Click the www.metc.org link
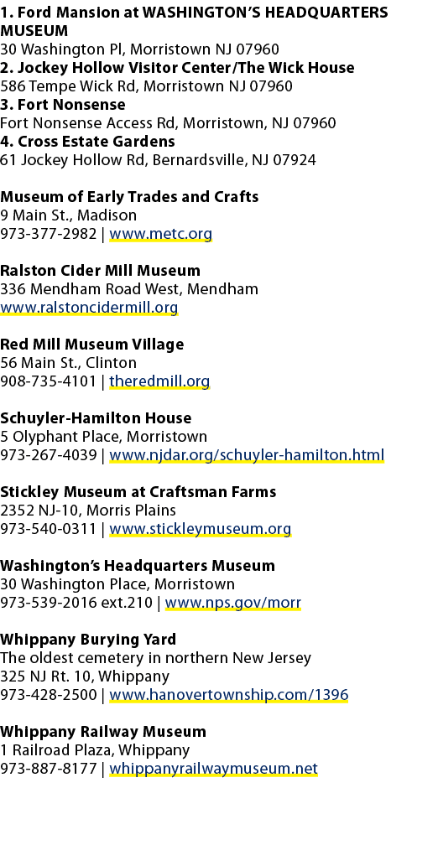pos(160,235)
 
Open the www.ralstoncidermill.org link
pos(89,308)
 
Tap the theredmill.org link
pos(159,381)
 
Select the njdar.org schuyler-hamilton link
pos(247,455)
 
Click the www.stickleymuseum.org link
pos(200,529)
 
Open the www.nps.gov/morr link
pos(233,603)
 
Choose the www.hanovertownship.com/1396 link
pos(229,695)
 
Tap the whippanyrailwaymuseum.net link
pos(213,769)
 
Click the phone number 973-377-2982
pos(49,235)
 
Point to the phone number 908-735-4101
pos(49,381)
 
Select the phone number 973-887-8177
pos(49,769)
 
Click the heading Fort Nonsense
pos(71,105)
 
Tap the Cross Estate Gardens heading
pos(96,142)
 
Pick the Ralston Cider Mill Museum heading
pos(100,271)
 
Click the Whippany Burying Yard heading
pos(88,640)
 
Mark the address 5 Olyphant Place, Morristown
pos(103,437)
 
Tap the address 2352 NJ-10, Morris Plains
pos(88,511)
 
